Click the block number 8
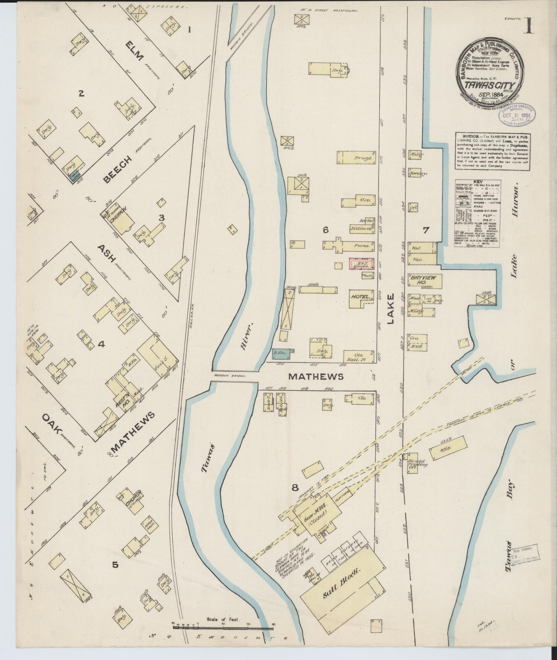pos(295,487)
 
